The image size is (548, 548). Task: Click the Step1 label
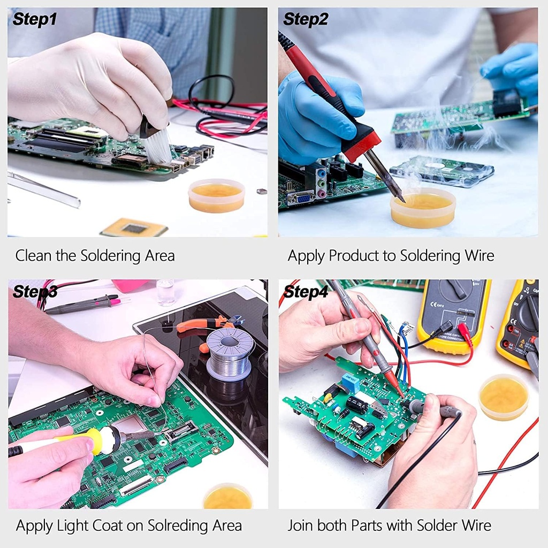(x=34, y=20)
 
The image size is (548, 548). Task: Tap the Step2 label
(x=305, y=20)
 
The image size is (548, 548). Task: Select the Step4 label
(x=305, y=292)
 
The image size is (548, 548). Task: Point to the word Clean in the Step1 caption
(x=34, y=256)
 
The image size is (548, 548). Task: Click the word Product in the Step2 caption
(x=353, y=256)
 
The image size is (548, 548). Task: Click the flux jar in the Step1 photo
(x=216, y=195)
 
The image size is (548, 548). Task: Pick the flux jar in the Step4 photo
(x=504, y=397)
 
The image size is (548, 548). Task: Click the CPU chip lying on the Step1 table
(x=134, y=228)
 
